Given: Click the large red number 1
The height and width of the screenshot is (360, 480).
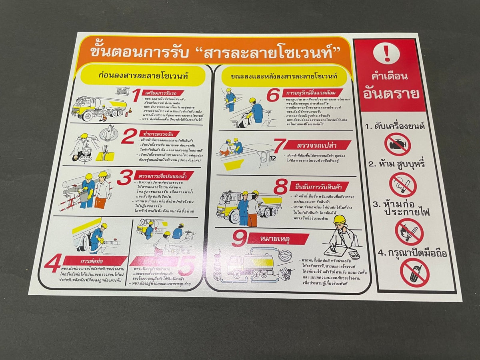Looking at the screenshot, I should click(x=136, y=96).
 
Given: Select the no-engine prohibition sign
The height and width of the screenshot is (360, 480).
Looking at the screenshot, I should click(x=397, y=144).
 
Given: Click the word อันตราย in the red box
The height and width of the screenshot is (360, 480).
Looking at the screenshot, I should click(x=391, y=94).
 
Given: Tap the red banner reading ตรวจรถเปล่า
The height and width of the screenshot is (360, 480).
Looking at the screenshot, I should click(x=318, y=145).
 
